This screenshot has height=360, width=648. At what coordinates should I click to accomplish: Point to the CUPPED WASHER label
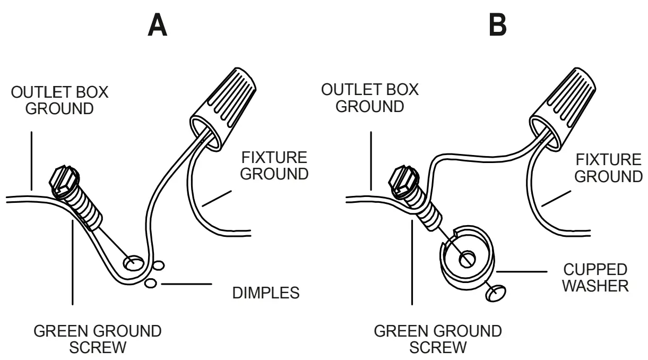(x=595, y=277)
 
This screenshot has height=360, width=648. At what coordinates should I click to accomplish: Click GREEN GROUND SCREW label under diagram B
(x=438, y=339)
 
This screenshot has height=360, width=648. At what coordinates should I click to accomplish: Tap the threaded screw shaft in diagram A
(x=88, y=210)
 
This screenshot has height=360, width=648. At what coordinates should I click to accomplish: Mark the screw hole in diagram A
(x=133, y=262)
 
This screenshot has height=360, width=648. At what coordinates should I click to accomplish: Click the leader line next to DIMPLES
(x=185, y=285)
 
